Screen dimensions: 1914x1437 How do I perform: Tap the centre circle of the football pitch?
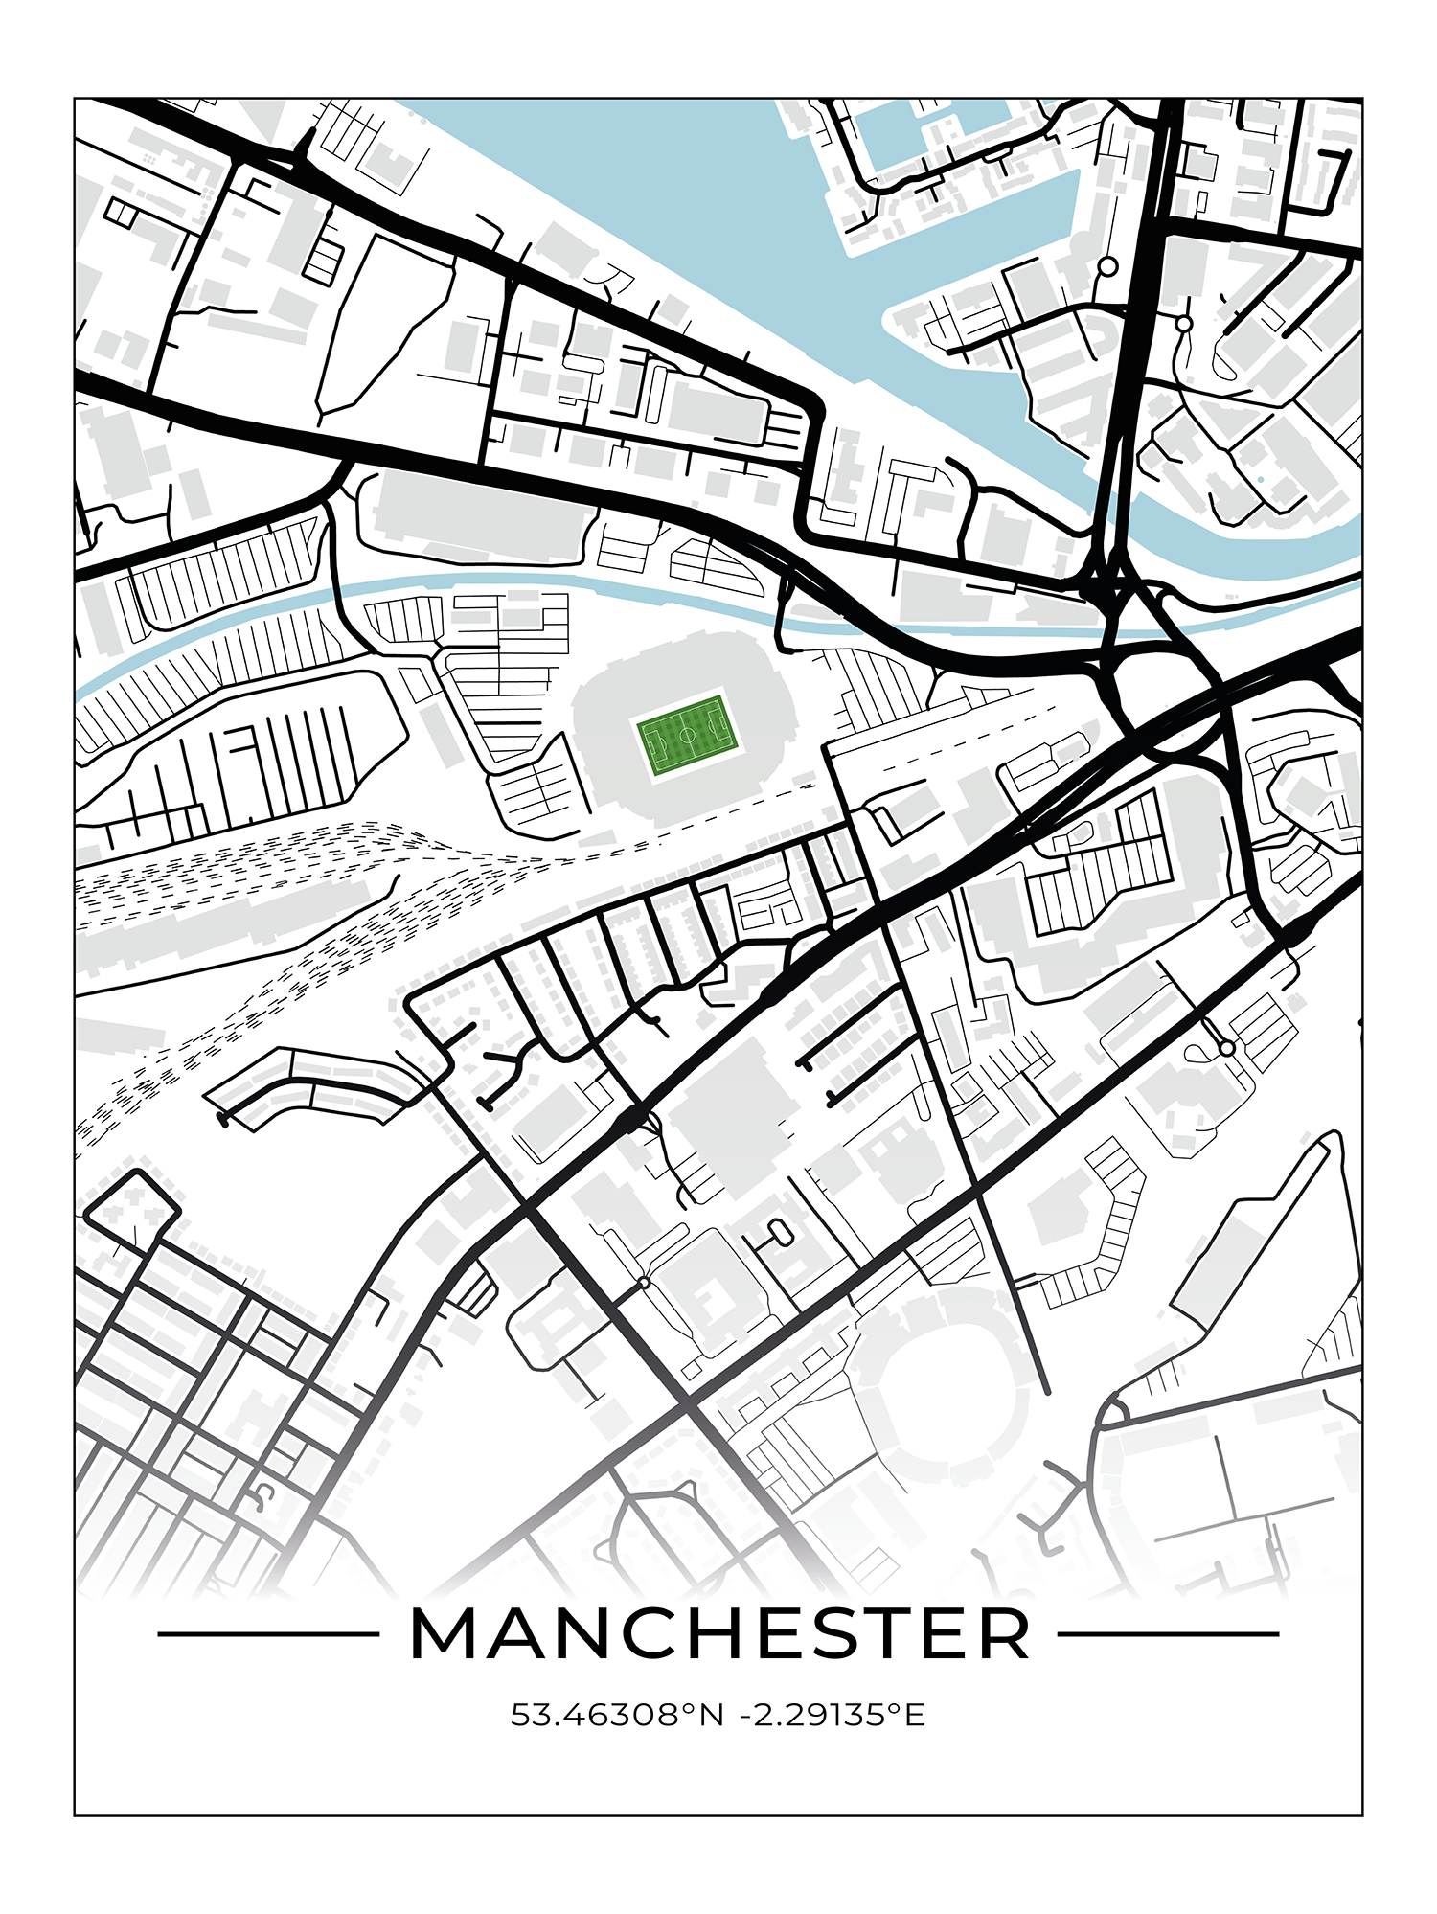688,736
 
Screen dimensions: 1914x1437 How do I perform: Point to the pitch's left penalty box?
655,744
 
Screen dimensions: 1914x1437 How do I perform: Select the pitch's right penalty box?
719,727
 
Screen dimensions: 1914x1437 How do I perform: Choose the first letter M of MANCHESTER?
445,1634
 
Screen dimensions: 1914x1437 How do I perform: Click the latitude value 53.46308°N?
618,1715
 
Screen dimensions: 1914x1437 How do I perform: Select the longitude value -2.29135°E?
833,1715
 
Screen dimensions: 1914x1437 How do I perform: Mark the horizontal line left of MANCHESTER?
268,1634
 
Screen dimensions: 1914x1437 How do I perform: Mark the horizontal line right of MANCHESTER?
1169,1634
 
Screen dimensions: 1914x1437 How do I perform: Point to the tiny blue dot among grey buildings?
1261,480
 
